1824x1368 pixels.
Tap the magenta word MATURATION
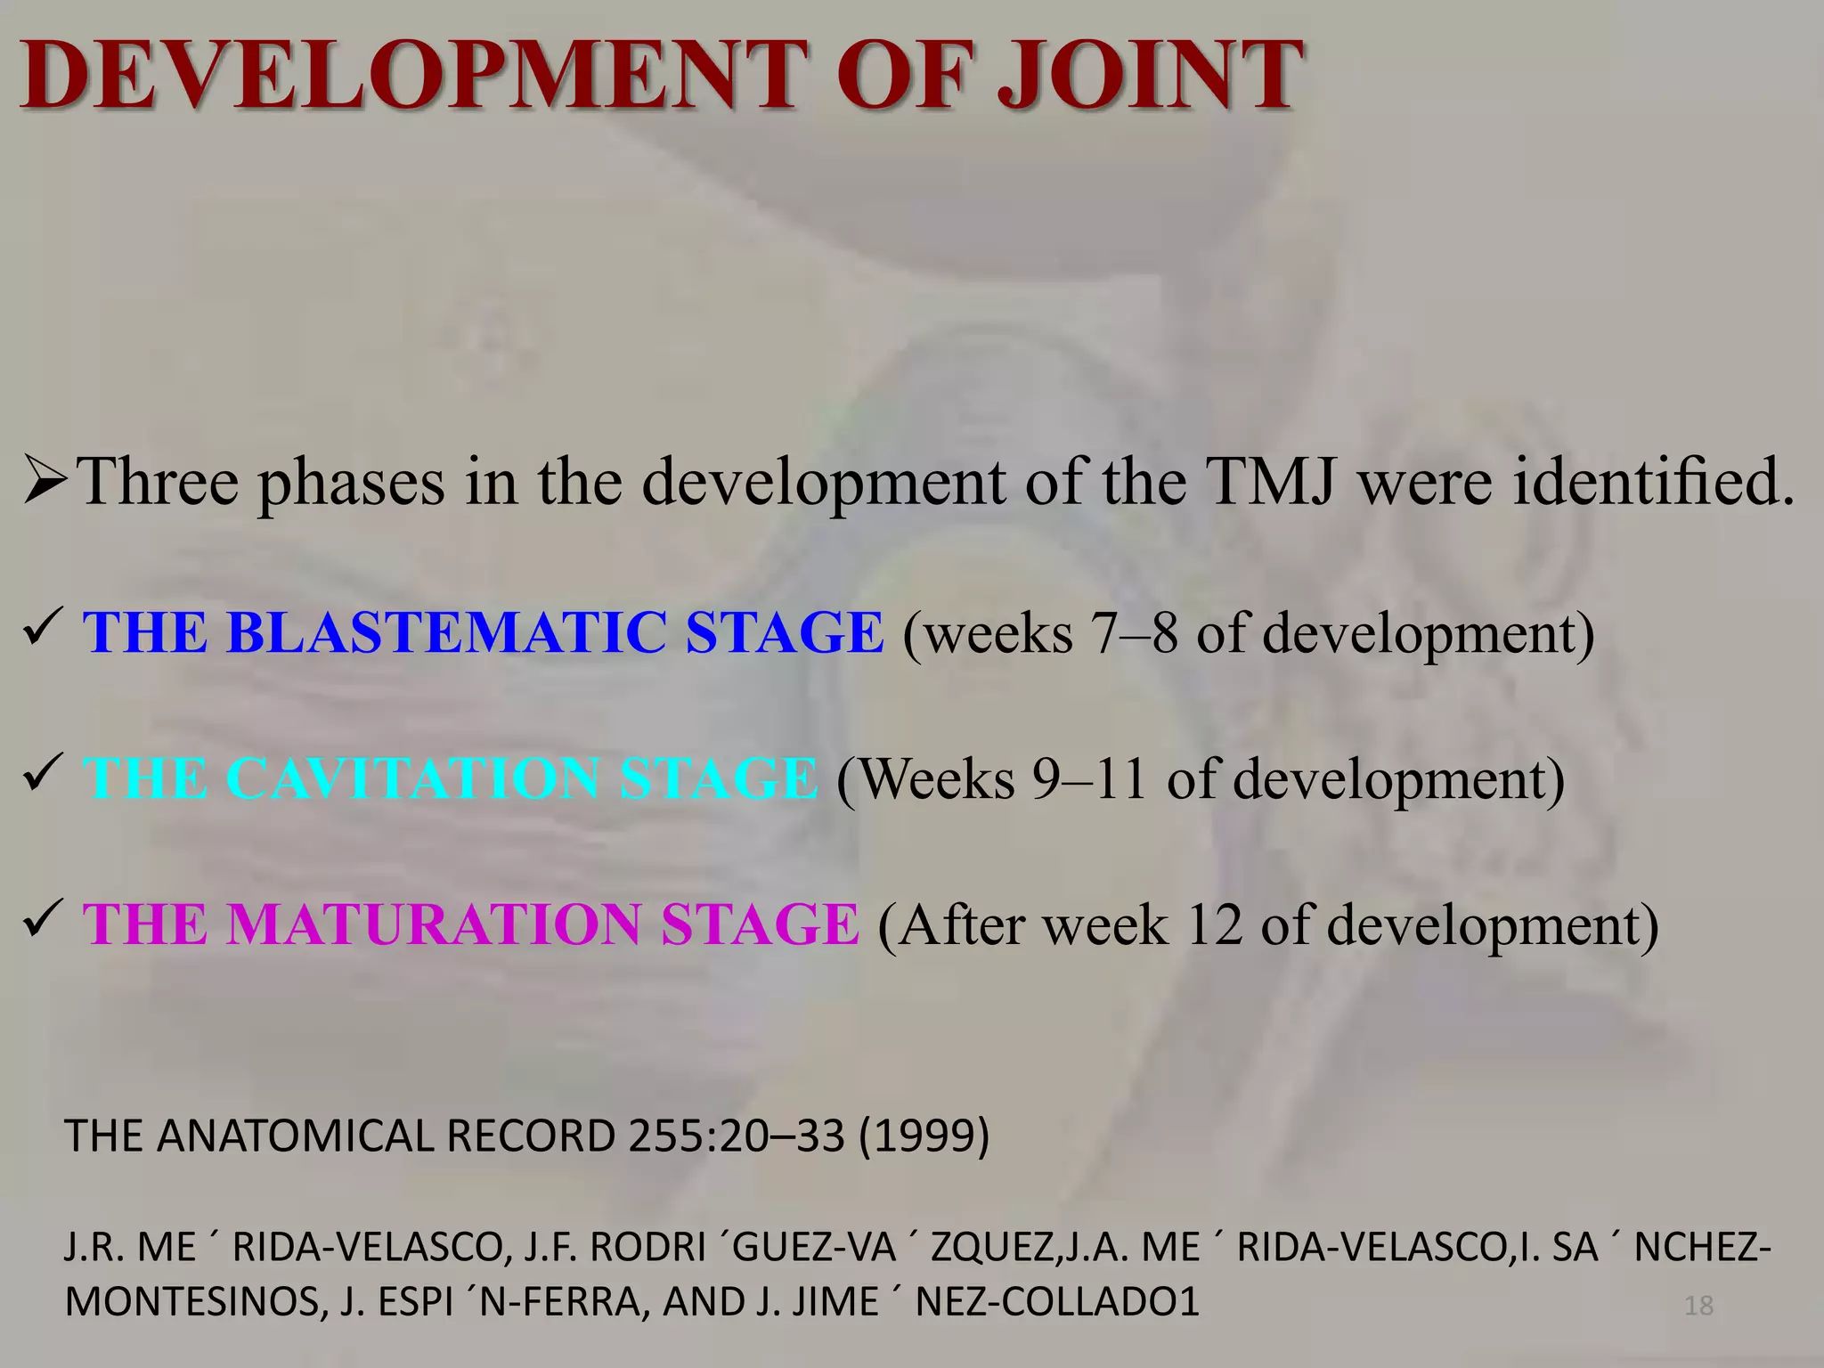click(x=433, y=924)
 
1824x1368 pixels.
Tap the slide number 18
click(x=1698, y=1306)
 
